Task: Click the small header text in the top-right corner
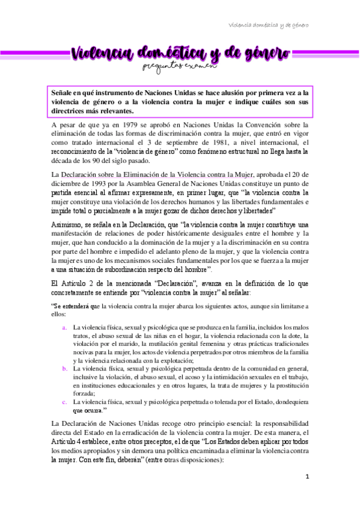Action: [x=269, y=25]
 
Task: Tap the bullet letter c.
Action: [x=65, y=401]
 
